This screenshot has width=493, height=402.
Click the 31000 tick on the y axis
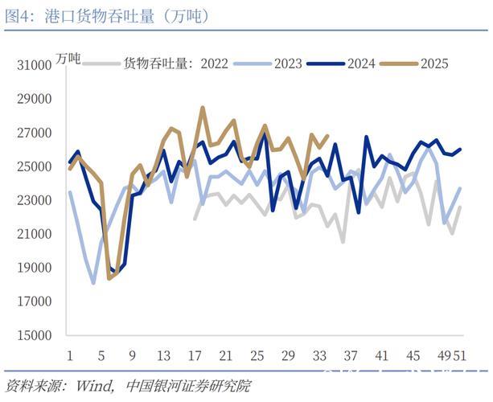[x=34, y=66]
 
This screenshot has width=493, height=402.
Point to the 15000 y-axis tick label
[x=34, y=336]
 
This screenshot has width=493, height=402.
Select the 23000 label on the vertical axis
[x=34, y=201]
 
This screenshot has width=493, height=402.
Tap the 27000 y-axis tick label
[x=34, y=133]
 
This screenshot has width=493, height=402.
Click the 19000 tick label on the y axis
[x=34, y=269]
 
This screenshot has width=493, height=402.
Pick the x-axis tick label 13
[x=163, y=355]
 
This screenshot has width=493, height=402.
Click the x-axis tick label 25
[x=257, y=355]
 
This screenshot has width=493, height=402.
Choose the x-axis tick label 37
[x=351, y=355]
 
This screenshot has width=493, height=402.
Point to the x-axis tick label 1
[x=70, y=355]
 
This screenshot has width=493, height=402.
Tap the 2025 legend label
[x=434, y=64]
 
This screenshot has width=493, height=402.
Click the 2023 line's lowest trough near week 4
[x=93, y=283]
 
